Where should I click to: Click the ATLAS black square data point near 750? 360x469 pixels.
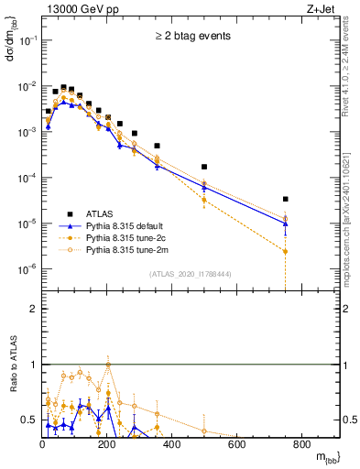[x=286, y=199]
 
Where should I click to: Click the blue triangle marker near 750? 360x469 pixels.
[x=286, y=223]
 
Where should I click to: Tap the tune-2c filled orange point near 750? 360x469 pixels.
[x=286, y=251]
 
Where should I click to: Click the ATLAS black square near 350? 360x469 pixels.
[x=157, y=146]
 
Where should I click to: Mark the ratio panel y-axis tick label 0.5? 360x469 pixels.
[x=28, y=420]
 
